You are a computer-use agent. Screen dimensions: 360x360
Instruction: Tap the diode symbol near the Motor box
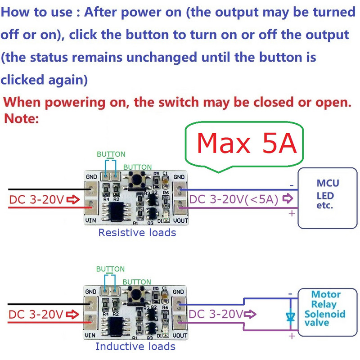click(290, 316)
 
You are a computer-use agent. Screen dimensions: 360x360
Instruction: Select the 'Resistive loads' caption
click(137, 233)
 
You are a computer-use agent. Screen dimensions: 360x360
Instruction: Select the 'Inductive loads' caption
click(135, 346)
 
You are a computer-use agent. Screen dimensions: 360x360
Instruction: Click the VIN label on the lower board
click(90, 335)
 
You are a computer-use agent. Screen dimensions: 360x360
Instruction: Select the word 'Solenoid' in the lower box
click(325, 314)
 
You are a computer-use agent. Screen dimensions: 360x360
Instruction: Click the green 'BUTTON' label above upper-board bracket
click(111, 154)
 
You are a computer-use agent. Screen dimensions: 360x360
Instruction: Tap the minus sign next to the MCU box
click(291, 185)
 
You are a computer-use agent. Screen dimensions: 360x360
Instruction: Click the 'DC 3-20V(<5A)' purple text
click(234, 199)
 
